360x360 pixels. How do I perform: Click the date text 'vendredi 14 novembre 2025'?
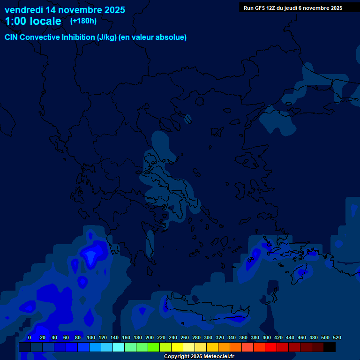click(x=65, y=10)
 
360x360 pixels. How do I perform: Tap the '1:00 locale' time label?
click(x=33, y=21)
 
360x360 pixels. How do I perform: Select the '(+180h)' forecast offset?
click(x=83, y=21)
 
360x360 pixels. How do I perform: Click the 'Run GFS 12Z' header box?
click(x=293, y=8)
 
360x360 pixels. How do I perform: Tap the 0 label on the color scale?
click(x=30, y=337)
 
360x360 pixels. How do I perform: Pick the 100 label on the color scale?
click(x=91, y=337)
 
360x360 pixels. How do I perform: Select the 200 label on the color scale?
click(x=150, y=337)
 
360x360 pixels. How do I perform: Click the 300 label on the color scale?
click(x=208, y=337)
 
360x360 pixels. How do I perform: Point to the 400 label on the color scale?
click(x=267, y=337)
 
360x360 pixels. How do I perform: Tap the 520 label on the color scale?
click(x=337, y=337)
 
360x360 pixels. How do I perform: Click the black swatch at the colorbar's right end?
click(x=330, y=347)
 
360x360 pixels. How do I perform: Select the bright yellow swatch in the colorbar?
click(x=177, y=347)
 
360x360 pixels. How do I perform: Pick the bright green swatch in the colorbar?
click(x=154, y=347)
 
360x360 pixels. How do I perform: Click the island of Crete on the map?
click(x=206, y=312)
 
